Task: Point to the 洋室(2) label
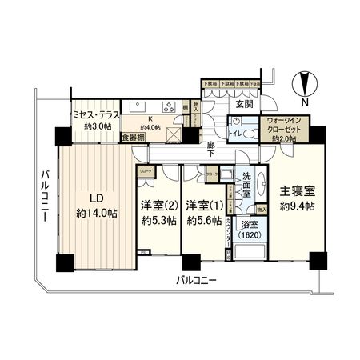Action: (x=157, y=206)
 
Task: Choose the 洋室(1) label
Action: (x=202, y=206)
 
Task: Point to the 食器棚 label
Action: (x=130, y=137)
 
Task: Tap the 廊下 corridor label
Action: (x=210, y=148)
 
